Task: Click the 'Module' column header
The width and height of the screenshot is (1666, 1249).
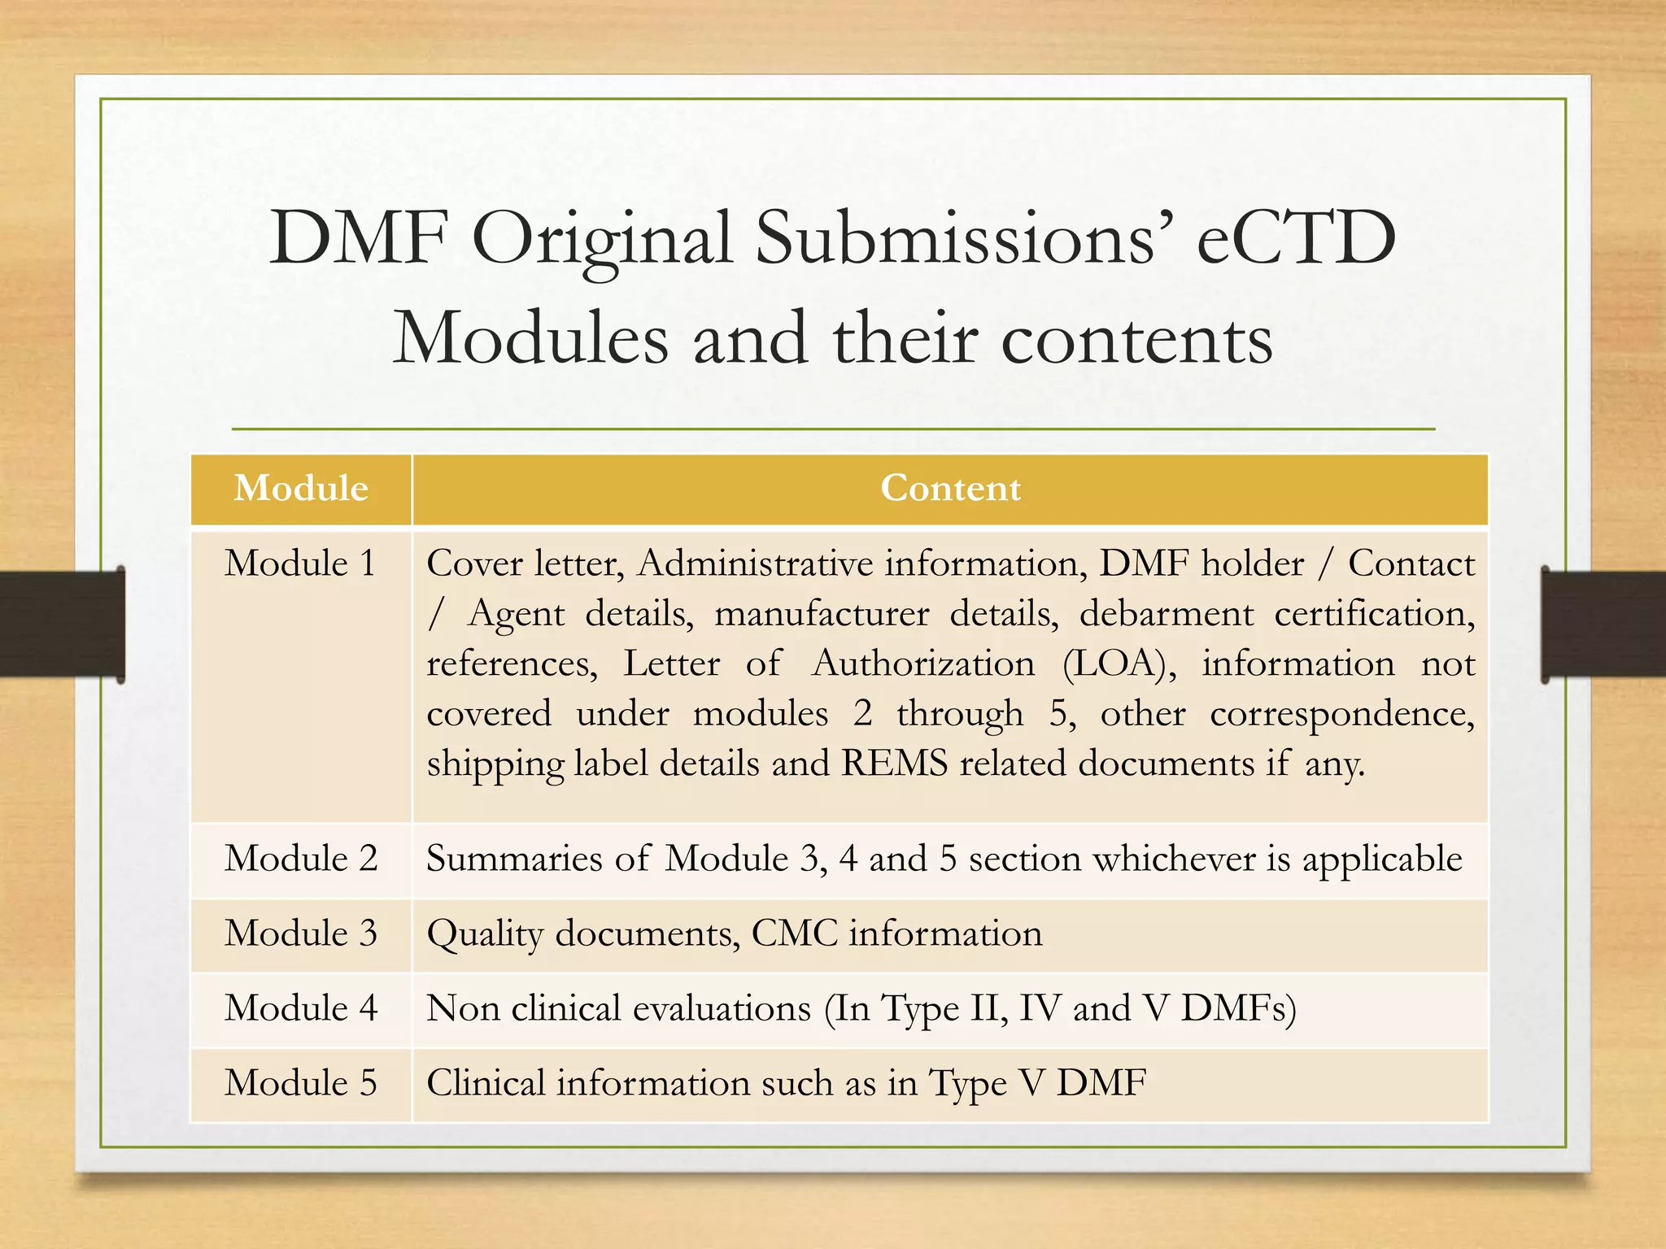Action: click(x=301, y=489)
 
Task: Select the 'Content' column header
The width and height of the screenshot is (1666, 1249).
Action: click(x=950, y=489)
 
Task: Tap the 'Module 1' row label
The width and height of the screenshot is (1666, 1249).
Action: click(x=300, y=564)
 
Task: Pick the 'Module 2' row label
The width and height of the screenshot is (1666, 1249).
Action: click(x=301, y=859)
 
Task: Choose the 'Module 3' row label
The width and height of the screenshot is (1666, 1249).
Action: click(x=301, y=933)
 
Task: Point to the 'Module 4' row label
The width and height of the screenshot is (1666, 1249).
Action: click(x=301, y=1008)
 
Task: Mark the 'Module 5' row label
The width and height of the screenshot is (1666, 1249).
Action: click(x=301, y=1083)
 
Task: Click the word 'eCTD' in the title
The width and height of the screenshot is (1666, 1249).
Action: click(x=1296, y=238)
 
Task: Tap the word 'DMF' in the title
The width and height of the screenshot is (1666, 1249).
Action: click(x=359, y=238)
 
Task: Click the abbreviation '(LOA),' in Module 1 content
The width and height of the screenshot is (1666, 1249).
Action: click(x=1119, y=664)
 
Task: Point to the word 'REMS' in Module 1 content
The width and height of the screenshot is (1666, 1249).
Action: click(x=894, y=764)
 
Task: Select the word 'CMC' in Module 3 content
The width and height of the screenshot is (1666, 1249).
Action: click(x=794, y=933)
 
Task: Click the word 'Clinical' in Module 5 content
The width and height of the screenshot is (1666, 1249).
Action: click(x=486, y=1083)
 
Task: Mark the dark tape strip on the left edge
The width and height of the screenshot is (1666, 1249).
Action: click(x=62, y=624)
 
